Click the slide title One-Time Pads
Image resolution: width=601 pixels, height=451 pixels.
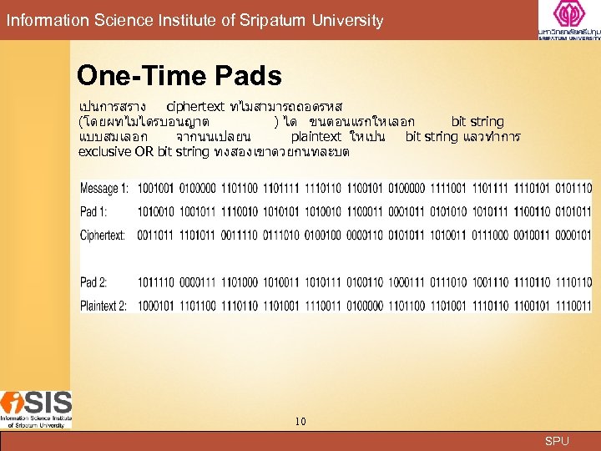click(x=179, y=77)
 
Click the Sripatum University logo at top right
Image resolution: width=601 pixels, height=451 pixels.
click(x=568, y=21)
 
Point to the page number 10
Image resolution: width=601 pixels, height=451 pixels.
click(x=300, y=422)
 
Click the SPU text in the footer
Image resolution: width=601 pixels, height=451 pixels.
click(x=557, y=441)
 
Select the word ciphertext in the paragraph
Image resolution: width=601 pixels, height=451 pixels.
click(x=195, y=107)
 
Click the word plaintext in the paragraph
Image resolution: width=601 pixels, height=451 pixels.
click(x=316, y=136)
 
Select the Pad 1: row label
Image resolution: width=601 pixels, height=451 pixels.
click(x=93, y=212)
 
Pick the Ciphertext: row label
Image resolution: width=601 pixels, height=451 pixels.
click(x=103, y=236)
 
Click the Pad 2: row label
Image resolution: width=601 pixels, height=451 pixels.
click(x=93, y=283)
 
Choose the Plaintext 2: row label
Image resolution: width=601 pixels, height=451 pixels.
click(x=104, y=307)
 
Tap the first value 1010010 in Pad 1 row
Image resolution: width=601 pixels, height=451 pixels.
click(x=154, y=212)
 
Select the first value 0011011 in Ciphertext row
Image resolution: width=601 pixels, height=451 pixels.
click(x=154, y=236)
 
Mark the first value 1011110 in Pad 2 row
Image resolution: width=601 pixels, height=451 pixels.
click(x=154, y=283)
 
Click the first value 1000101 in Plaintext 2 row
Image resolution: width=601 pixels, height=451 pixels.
click(x=154, y=307)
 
